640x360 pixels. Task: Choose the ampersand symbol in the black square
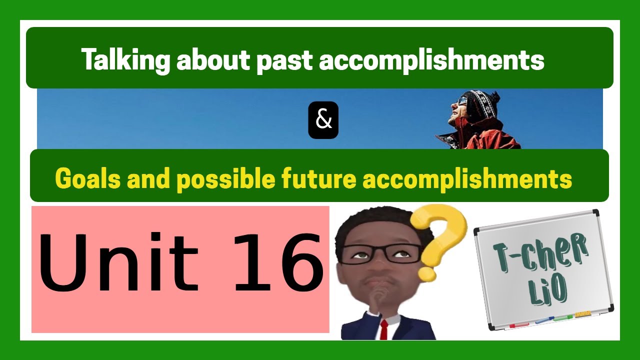(323, 120)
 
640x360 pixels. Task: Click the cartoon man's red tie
(383, 330)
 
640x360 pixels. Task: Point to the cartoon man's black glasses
(380, 252)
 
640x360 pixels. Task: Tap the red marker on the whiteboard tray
(517, 325)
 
